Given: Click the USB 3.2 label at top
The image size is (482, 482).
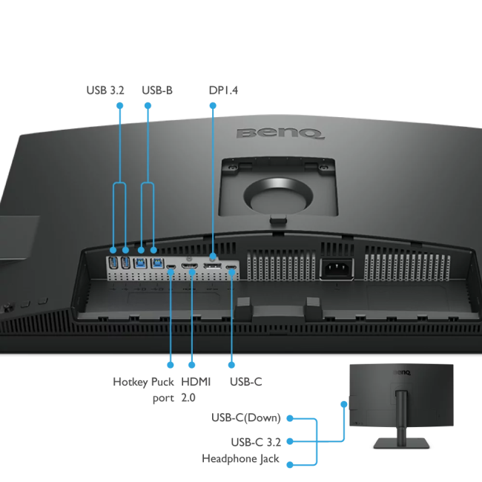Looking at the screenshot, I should [x=105, y=90].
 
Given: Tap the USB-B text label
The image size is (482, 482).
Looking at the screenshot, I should [x=156, y=90].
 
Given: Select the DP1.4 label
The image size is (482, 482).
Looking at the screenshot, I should [x=223, y=90].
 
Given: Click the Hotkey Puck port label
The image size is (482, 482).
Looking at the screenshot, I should [x=144, y=389].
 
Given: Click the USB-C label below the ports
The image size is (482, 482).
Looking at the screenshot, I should [x=246, y=382].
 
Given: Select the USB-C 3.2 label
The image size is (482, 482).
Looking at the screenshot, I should [x=255, y=442].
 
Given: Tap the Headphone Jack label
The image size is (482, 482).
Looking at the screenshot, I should [x=240, y=459].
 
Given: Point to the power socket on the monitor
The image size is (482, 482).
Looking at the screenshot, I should [x=335, y=268].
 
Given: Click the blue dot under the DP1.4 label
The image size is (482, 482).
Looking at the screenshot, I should [x=213, y=106].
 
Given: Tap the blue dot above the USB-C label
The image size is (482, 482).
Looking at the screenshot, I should [x=231, y=364].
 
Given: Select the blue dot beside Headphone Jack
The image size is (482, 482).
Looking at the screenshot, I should [x=290, y=464].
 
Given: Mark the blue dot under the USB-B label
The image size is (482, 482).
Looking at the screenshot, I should [x=148, y=106].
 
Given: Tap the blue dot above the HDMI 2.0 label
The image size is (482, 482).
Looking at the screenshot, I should [x=192, y=364].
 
